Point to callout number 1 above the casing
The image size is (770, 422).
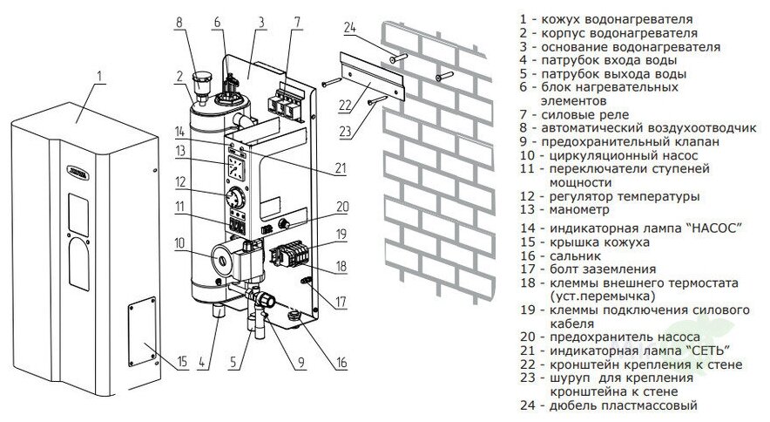tap(98, 77)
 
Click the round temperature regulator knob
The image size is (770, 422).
tap(235, 195)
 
